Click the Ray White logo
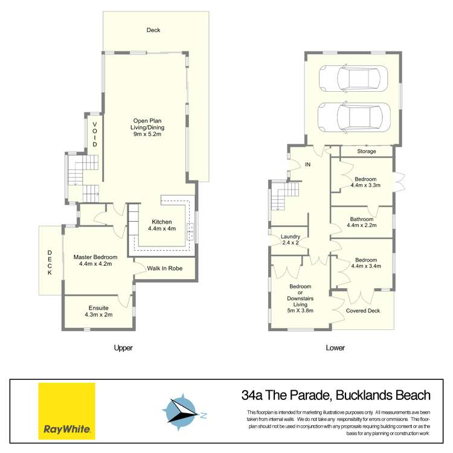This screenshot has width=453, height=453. click(67, 411)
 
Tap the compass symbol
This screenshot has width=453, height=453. click(183, 411)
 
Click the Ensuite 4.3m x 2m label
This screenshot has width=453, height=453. click(97, 311)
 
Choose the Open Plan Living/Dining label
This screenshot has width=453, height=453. click(149, 127)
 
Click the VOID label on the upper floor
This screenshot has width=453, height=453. click(94, 134)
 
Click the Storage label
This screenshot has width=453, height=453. click(366, 151)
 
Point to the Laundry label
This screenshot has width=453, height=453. click(291, 240)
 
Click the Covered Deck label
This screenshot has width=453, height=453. click(362, 311)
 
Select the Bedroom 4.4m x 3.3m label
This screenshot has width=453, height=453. click(365, 182)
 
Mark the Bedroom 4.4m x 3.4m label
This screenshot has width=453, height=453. click(365, 263)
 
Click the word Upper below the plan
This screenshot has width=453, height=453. click(123, 348)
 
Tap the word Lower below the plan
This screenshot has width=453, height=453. click(335, 348)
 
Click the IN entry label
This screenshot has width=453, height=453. click(307, 164)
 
